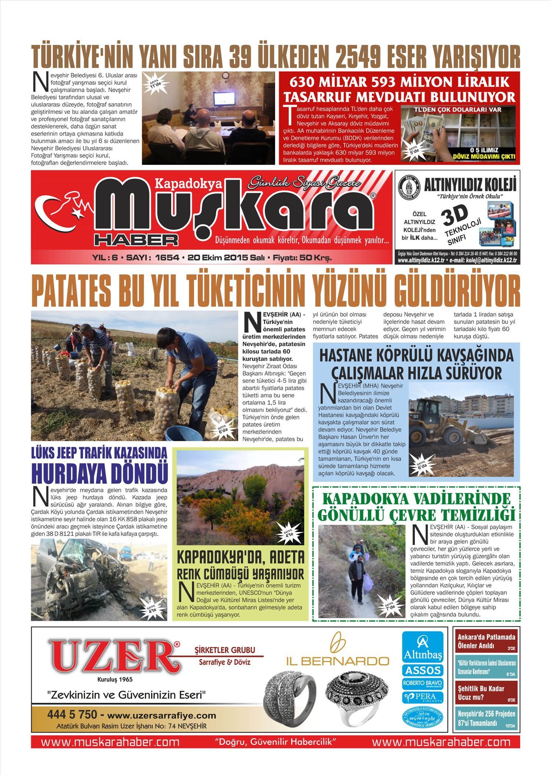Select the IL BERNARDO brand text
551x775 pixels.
point(338,661)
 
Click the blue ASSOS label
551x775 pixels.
point(422,670)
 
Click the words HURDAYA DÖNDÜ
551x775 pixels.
point(99,474)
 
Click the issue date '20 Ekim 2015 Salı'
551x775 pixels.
point(226,258)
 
